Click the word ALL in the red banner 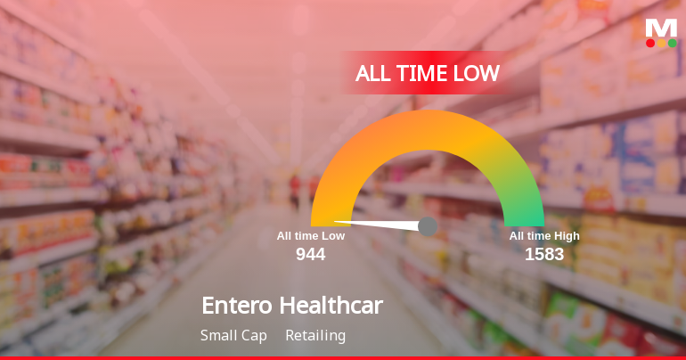[375, 73]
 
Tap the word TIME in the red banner [424, 73]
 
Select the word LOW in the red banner [477, 73]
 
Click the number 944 [311, 255]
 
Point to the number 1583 [544, 255]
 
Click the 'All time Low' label [311, 236]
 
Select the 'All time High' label [544, 236]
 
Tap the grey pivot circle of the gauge [428, 226]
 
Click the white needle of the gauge [379, 223]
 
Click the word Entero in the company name [237, 306]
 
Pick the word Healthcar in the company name [331, 306]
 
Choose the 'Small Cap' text [234, 336]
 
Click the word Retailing [315, 336]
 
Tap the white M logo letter [661, 28]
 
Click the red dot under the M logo [650, 43]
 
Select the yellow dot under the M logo [661, 43]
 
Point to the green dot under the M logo [672, 43]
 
